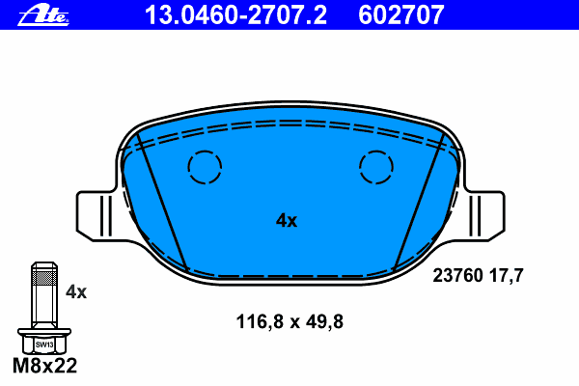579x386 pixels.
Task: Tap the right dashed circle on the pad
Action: [x=375, y=168]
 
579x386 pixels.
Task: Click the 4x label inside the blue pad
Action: [x=287, y=220]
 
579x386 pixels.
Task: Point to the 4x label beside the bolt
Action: [x=75, y=291]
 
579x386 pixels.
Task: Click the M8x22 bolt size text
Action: [x=43, y=367]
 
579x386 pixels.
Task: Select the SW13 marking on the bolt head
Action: [x=43, y=344]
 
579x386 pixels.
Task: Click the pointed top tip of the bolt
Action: [x=43, y=263]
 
